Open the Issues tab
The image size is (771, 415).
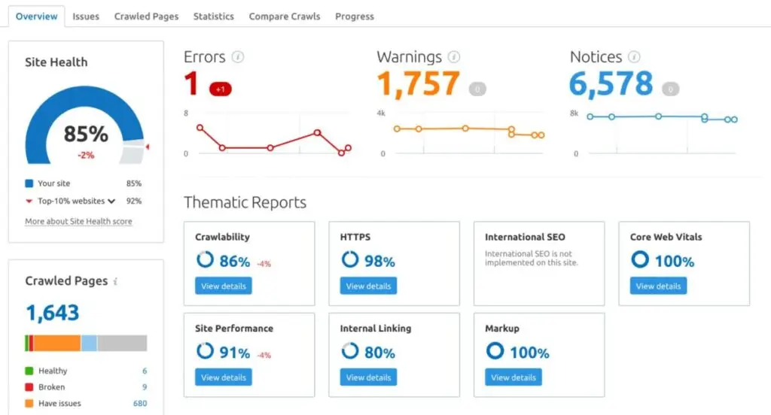pos(86,16)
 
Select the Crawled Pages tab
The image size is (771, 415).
pos(146,16)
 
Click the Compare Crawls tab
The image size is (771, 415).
pos(284,16)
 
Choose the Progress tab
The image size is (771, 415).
pos(355,16)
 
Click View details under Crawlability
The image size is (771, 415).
pos(223,286)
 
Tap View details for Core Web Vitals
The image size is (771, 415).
pos(658,286)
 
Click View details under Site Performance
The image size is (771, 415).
pos(223,377)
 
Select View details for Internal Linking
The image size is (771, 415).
pos(368,377)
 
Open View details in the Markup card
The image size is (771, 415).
pos(513,377)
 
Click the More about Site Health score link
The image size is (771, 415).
pos(78,222)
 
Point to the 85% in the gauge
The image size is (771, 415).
pos(86,135)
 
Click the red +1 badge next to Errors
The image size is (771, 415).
pos(221,89)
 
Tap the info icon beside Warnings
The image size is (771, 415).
pos(454,57)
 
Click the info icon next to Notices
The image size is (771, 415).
pos(634,57)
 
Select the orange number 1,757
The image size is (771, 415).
pos(418,84)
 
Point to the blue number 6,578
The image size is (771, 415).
pos(611,84)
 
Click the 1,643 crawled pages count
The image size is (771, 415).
pos(53,312)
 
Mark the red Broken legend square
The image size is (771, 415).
pos(29,387)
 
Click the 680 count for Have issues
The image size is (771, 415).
pos(139,404)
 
